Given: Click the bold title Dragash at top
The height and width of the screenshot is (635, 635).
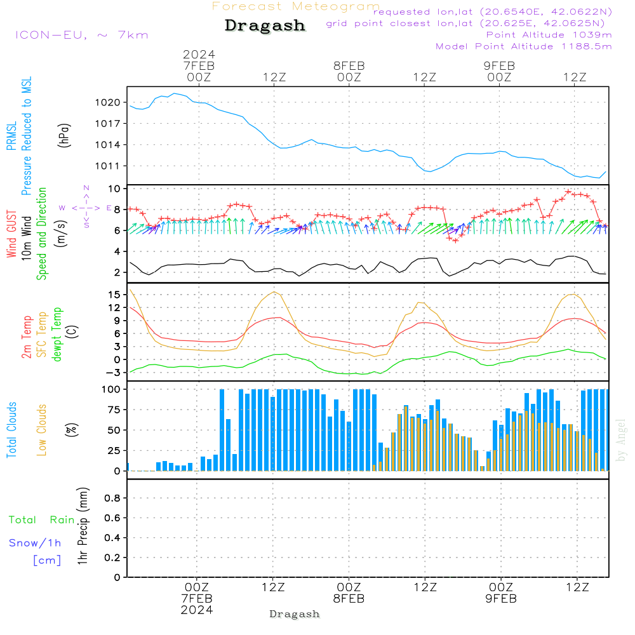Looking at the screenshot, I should (x=265, y=25).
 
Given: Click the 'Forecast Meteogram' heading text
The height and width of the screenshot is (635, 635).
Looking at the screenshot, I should (x=296, y=6).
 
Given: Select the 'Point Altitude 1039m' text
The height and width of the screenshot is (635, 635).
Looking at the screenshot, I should (x=549, y=35).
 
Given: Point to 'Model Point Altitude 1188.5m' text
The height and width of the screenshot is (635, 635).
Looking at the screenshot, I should (x=524, y=46).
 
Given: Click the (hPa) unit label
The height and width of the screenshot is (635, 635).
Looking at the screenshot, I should (x=64, y=135).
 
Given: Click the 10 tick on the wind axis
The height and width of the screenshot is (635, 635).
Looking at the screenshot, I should (x=114, y=189).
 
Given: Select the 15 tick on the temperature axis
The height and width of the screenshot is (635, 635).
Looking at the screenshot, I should (x=114, y=295).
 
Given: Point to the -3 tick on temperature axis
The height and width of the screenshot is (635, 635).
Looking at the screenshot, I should (x=113, y=373).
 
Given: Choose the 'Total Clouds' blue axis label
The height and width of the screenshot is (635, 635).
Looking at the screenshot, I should (x=12, y=430).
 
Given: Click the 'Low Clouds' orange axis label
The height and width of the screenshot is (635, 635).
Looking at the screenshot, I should (x=42, y=430).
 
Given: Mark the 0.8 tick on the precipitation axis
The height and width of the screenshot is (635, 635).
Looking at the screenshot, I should (x=112, y=498).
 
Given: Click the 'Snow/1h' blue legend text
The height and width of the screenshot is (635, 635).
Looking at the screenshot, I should (x=36, y=543).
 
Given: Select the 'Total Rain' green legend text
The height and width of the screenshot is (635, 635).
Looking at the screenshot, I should (x=42, y=520).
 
